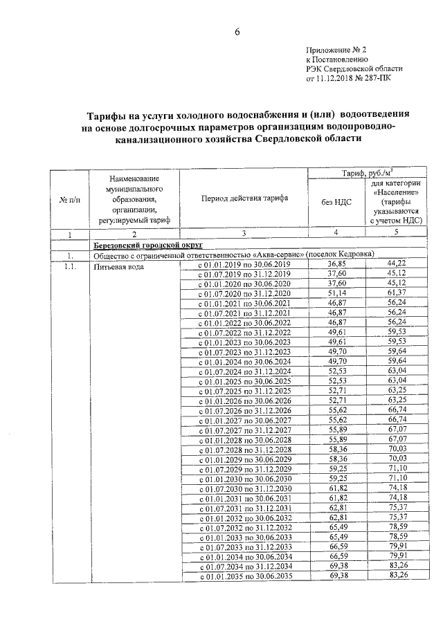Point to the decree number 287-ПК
pos(379,79)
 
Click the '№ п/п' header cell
pos(70,199)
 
